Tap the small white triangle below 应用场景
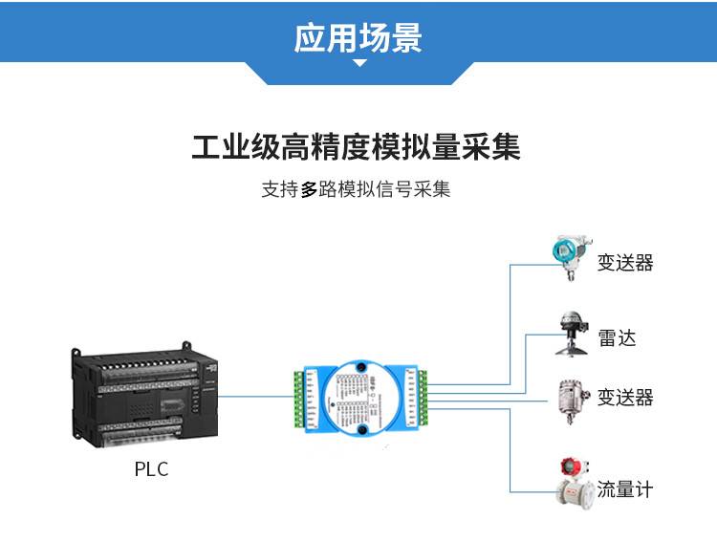[x=359, y=64]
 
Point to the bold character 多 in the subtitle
[x=308, y=189]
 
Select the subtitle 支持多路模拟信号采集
[x=356, y=189]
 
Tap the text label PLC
[x=151, y=470]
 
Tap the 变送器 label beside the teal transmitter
[x=625, y=263]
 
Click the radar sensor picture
[x=572, y=333]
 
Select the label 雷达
[x=617, y=338]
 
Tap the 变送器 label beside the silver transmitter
[x=625, y=398]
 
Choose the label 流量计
[x=625, y=490]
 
